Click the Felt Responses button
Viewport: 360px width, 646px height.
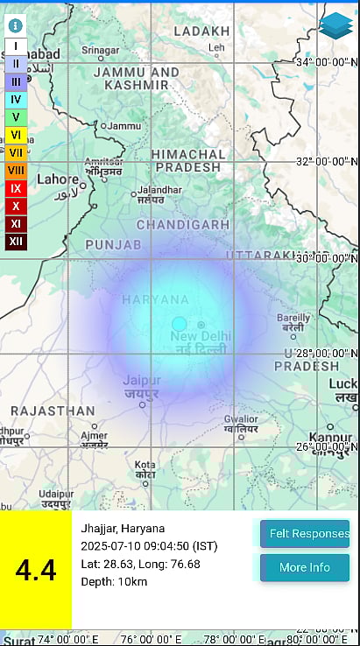tap(304, 533)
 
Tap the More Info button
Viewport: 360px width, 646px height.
tap(304, 567)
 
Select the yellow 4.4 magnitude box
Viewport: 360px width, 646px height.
tap(36, 570)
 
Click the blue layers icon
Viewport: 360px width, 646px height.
tap(335, 25)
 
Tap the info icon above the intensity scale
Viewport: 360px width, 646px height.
tap(16, 26)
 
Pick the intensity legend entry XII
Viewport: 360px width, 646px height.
tap(16, 241)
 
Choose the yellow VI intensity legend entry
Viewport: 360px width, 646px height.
tap(16, 134)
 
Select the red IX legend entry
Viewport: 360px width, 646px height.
tap(16, 187)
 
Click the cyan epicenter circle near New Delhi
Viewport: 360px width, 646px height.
tap(179, 324)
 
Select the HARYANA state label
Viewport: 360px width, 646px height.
tap(155, 299)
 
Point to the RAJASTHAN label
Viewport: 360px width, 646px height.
tap(53, 411)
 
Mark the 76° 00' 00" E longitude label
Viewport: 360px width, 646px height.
tap(152, 638)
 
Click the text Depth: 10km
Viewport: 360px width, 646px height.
tap(116, 581)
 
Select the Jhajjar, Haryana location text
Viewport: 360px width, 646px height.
tap(123, 528)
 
